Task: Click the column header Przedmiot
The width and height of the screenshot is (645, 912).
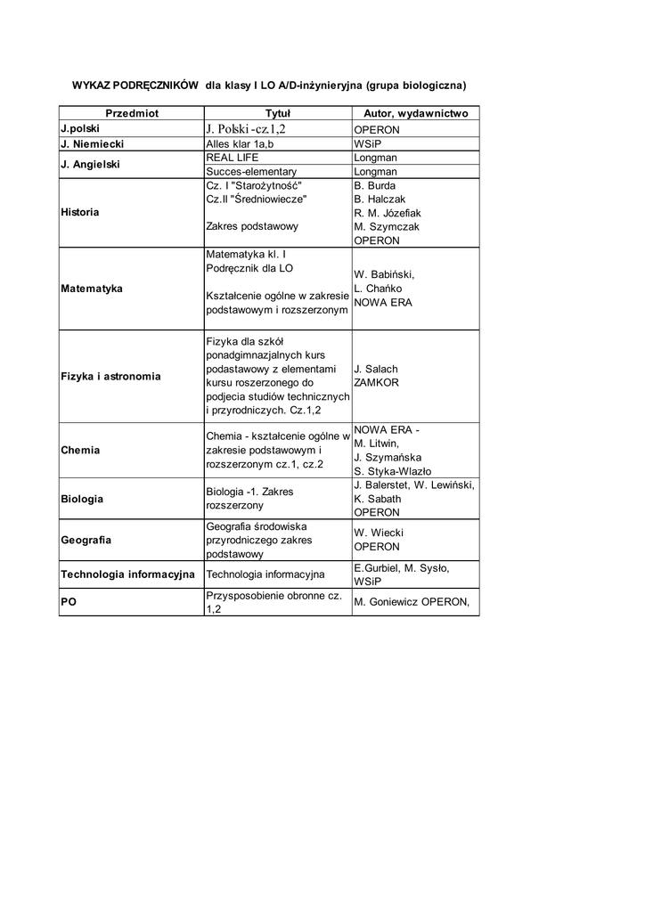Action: click(131, 114)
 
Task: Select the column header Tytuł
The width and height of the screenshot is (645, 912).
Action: click(278, 114)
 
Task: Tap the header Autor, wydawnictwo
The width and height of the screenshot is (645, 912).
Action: click(416, 114)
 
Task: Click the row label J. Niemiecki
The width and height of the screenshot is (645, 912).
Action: click(92, 143)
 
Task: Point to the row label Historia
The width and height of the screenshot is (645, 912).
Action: click(80, 213)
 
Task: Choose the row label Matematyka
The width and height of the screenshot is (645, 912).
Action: click(92, 289)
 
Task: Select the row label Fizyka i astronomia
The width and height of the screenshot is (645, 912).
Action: click(110, 376)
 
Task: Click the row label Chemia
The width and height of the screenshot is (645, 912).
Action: click(80, 451)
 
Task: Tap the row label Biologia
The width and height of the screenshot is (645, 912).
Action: click(82, 499)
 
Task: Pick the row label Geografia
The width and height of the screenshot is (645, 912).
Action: click(86, 540)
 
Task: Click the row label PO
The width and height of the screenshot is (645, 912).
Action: click(69, 602)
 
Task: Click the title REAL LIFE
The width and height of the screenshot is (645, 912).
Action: click(232, 157)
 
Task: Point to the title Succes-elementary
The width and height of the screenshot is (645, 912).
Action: click(250, 171)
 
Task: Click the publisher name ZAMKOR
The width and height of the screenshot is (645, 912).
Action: click(376, 383)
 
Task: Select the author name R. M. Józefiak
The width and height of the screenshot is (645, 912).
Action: click(388, 213)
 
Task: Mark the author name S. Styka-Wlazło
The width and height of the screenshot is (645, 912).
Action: click(392, 471)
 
